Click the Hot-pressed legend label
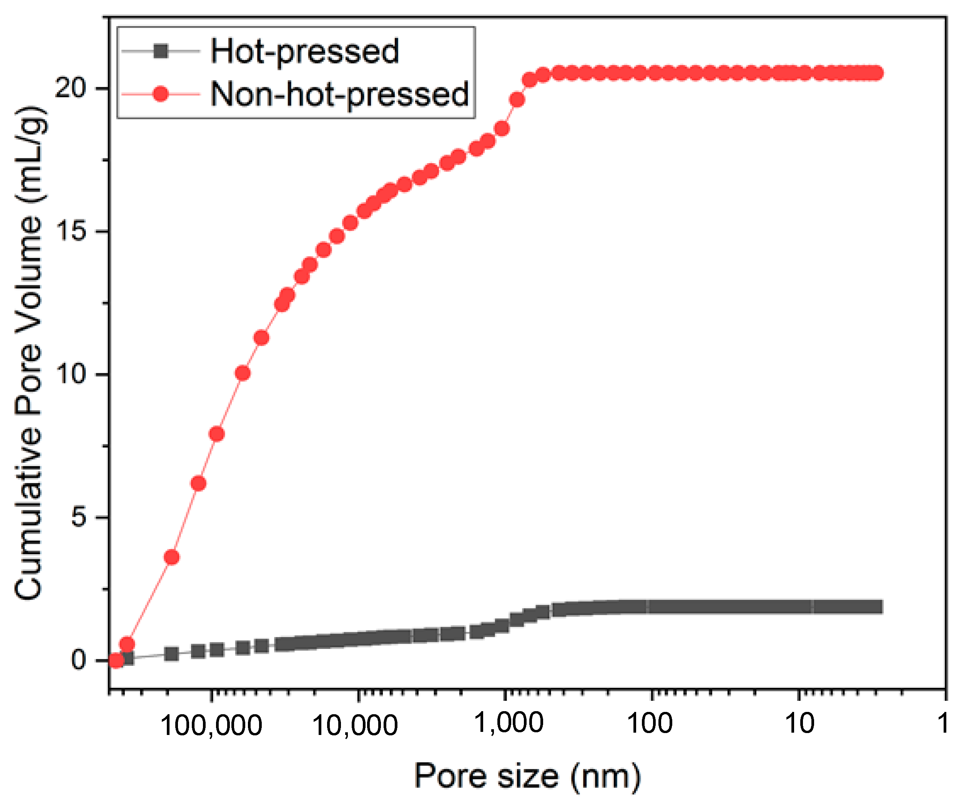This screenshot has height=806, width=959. (x=304, y=51)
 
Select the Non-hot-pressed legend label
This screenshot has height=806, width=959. (x=339, y=94)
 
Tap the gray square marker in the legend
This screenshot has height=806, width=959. (x=161, y=51)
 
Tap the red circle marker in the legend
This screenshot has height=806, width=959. (x=161, y=94)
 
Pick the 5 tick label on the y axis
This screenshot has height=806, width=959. (x=79, y=517)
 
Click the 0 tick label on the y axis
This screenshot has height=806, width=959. (x=79, y=660)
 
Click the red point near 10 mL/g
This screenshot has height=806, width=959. (x=243, y=373)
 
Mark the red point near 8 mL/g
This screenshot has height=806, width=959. (x=217, y=434)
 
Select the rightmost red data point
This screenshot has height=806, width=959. (x=875, y=73)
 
